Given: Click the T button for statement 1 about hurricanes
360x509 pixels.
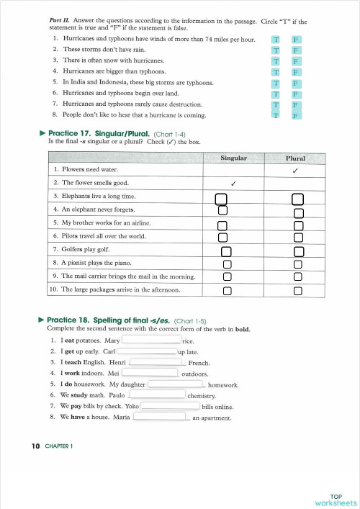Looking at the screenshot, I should coord(275,39).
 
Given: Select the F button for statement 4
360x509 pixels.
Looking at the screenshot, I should coord(295,71).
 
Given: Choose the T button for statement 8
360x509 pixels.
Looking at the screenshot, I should coord(275,114).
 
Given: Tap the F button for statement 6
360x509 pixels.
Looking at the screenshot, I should coord(295,93).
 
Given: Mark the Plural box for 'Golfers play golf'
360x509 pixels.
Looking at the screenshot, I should coord(298,251).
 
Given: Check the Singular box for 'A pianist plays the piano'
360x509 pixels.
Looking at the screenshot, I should coord(226,263).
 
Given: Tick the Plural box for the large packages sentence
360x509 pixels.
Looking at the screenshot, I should coord(298,290).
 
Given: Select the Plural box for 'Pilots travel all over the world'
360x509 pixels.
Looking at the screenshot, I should coord(298,238).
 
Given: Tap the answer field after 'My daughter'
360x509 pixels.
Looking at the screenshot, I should coord(176,384).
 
